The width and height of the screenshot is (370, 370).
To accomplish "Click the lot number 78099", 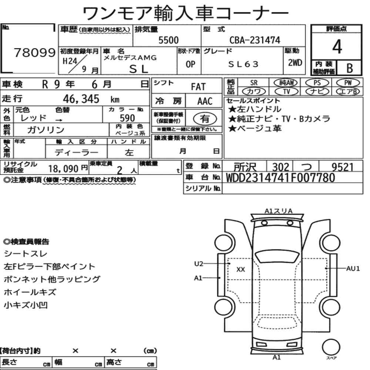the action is pos(35,53).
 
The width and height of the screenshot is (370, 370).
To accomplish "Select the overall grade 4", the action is pos(337,47).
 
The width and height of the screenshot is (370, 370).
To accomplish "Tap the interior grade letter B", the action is pos(350,68).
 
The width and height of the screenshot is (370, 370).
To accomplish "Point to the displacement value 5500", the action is pos(168,40).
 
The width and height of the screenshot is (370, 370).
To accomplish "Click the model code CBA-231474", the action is pos(255,40).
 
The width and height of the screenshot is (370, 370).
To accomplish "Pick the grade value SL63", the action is pos(243,64).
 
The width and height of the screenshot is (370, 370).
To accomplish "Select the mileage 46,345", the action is pos(81,99).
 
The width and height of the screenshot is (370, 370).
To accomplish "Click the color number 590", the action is pos(127,118).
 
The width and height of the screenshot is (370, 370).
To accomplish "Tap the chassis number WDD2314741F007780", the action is pos(280,178).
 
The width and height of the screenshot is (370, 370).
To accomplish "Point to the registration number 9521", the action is pos(342,167).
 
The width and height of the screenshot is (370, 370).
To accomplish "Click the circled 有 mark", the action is pos(205,118).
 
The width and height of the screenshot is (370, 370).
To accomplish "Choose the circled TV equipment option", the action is pos(286,91).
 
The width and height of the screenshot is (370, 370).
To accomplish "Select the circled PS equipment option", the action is pos(317,83).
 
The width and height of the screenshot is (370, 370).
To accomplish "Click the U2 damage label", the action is pos(199,263).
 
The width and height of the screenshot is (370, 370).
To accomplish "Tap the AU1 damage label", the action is pos(353,269).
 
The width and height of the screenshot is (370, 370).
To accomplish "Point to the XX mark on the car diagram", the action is pos(241,269).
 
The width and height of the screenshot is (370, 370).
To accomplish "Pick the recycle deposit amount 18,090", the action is pos(63,169).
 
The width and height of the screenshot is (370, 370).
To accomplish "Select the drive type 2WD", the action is pos(295,63).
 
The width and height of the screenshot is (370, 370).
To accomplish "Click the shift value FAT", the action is pos(198,87).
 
